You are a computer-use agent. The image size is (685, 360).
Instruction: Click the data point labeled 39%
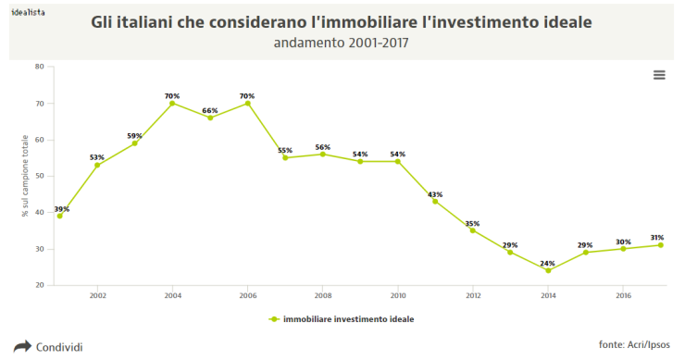click(x=60, y=216)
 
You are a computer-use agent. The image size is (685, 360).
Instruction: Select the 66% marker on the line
click(x=210, y=118)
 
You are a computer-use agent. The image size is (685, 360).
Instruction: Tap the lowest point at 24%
click(x=548, y=270)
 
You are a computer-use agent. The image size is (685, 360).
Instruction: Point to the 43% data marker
click(x=435, y=201)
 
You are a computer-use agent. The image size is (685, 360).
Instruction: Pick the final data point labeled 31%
click(x=660, y=245)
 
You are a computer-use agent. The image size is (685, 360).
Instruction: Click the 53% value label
click(x=97, y=157)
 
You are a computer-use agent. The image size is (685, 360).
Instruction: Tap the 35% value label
click(x=472, y=223)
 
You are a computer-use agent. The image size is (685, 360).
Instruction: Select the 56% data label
click(x=322, y=147)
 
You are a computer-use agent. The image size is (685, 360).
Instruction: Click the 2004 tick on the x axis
click(x=172, y=296)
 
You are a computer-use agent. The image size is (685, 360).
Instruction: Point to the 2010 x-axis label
click(x=398, y=296)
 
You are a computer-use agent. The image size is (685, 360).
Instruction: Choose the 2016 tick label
click(x=623, y=296)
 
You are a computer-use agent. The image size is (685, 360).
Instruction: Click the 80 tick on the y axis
click(x=39, y=67)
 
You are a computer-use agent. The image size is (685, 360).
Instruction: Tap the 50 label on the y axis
click(x=39, y=176)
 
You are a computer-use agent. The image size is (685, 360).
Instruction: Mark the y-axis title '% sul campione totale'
click(x=25, y=176)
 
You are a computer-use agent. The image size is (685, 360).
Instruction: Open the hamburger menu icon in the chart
click(x=659, y=75)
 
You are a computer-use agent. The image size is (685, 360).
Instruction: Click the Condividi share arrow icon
click(x=22, y=347)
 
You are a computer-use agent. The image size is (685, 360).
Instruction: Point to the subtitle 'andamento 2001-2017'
click(x=342, y=43)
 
